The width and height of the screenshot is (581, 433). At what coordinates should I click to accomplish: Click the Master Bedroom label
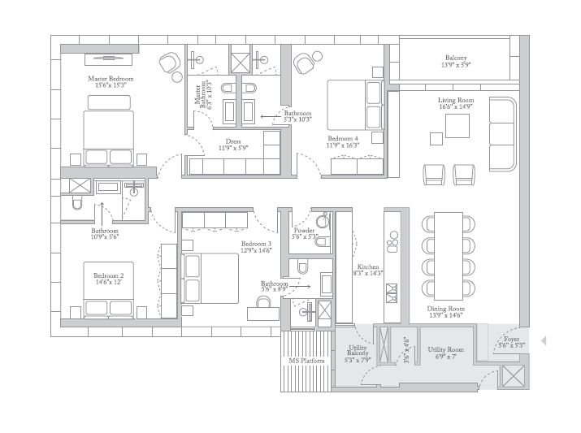pyautogui.click(x=111, y=79)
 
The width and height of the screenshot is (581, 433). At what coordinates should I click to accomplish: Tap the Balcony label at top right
pyautogui.click(x=455, y=58)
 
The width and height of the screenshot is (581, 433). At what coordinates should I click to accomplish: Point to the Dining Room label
pyautogui.click(x=445, y=309)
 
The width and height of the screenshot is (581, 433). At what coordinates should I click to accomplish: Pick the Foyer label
pyautogui.click(x=511, y=340)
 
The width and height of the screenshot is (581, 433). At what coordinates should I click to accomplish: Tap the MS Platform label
pyautogui.click(x=306, y=361)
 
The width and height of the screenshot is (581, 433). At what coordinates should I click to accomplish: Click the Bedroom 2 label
pyautogui.click(x=108, y=276)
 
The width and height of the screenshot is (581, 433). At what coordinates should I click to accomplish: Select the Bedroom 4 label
pyautogui.click(x=343, y=138)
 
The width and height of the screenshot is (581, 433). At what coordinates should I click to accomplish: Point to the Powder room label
pyautogui.click(x=304, y=231)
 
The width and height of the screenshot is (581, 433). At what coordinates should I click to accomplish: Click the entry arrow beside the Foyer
pyautogui.click(x=544, y=340)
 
